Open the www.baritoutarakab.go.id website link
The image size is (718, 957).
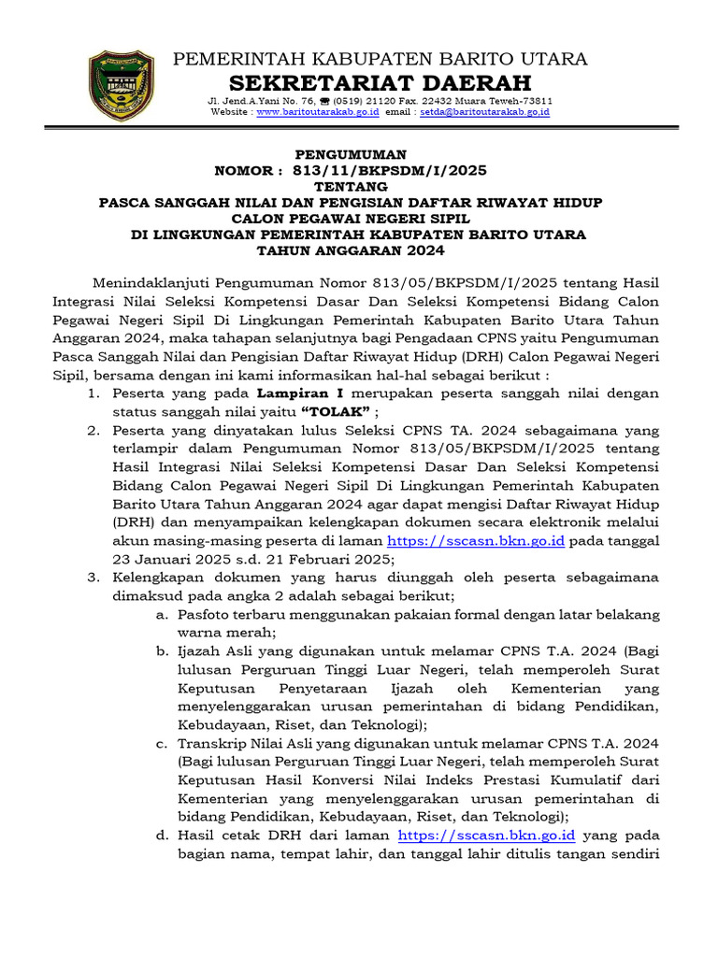(x=317, y=111)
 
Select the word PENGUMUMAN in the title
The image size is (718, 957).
(x=352, y=153)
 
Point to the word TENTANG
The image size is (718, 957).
(x=352, y=186)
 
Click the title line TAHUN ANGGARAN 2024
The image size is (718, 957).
(x=352, y=250)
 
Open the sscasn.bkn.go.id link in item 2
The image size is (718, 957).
(x=475, y=541)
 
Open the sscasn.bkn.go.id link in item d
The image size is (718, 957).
(x=486, y=836)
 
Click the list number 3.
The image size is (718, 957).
(x=93, y=578)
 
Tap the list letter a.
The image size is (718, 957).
(x=162, y=614)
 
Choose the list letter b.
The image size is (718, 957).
(x=162, y=651)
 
